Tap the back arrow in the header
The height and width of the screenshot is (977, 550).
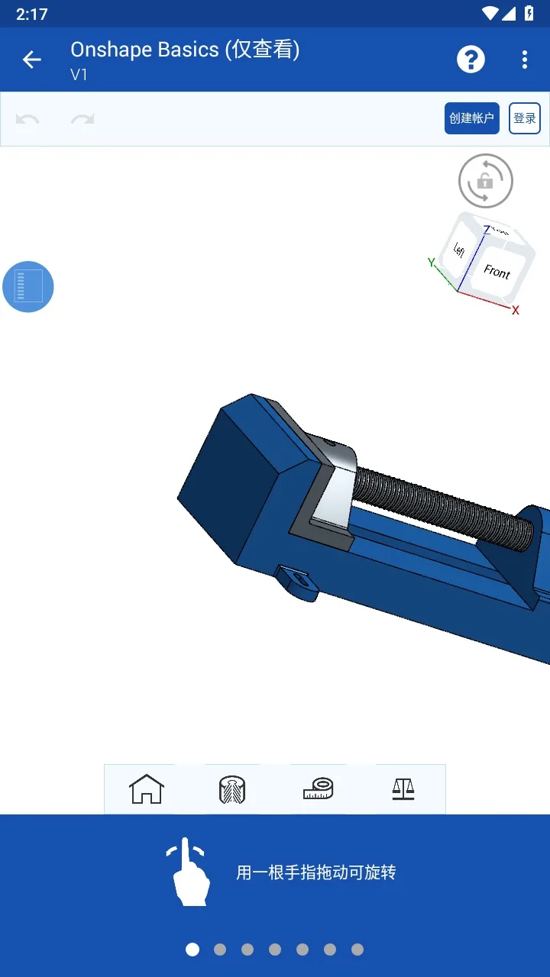click(31, 60)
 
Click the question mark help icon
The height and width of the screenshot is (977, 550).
click(471, 60)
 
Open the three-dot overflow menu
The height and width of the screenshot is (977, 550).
click(524, 60)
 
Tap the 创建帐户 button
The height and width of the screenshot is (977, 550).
click(471, 118)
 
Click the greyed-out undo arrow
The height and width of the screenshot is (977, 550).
click(28, 119)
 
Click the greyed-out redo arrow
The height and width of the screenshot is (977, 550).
click(82, 119)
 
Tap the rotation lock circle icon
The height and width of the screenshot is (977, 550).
click(485, 181)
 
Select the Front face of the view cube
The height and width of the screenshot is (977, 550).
click(497, 272)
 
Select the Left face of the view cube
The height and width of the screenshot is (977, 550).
click(459, 250)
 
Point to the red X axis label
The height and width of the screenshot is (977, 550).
click(516, 310)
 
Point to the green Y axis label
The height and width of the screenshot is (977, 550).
click(431, 263)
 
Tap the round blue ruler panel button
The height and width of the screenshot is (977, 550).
click(28, 286)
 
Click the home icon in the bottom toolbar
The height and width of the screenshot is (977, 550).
click(147, 789)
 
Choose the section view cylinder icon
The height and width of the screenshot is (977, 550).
click(231, 789)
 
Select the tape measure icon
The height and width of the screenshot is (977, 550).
click(318, 788)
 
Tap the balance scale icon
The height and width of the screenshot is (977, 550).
click(403, 788)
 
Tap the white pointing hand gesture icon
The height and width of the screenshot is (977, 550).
click(188, 872)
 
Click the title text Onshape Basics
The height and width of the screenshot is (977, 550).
click(145, 50)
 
